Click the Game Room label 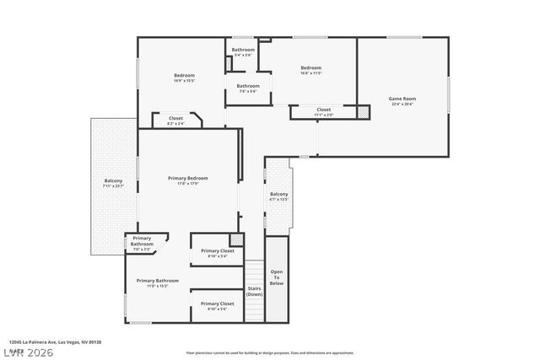click(x=402, y=99)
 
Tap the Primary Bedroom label click(x=187, y=178)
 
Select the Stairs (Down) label click(x=254, y=291)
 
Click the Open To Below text click(x=277, y=277)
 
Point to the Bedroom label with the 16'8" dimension click(x=311, y=67)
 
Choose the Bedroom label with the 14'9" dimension click(x=184, y=76)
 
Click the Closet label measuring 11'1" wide click(x=323, y=110)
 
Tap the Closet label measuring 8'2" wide click(x=175, y=118)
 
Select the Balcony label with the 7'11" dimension click(x=113, y=180)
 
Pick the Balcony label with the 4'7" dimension click(x=278, y=195)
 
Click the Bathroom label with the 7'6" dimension click(x=247, y=86)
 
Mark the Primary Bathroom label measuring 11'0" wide click(x=157, y=280)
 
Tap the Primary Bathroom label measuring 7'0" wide click(x=142, y=241)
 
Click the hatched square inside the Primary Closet click(x=237, y=239)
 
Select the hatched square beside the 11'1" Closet click(x=363, y=111)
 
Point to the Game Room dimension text click(x=402, y=105)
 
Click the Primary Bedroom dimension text click(x=187, y=184)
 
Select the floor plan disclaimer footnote click(x=269, y=352)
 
